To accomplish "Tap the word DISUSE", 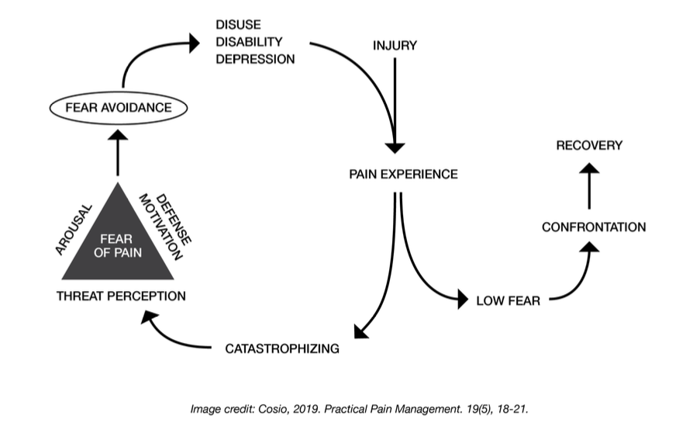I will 238,25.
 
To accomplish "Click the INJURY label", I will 395,46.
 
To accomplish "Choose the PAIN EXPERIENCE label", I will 403,173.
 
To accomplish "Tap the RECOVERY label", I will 589,145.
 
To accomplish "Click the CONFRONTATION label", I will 594,227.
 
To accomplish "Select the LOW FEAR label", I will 509,301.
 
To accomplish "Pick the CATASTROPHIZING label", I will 282,348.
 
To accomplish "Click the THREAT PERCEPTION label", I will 121,296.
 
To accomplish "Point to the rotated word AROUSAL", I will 76,230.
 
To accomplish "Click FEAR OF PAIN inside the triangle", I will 116,247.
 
